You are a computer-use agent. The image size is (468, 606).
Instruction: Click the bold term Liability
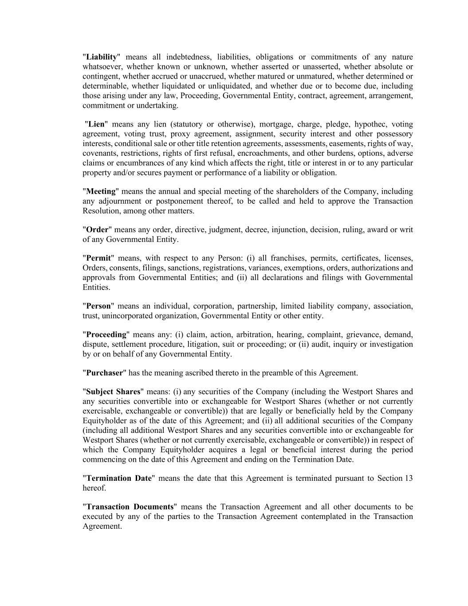click(x=101, y=57)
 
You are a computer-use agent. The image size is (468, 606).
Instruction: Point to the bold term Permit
click(x=98, y=258)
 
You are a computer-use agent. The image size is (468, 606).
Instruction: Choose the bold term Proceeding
click(x=106, y=334)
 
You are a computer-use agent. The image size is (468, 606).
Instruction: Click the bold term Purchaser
click(x=104, y=373)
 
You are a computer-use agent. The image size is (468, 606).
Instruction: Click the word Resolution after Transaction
click(x=101, y=211)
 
